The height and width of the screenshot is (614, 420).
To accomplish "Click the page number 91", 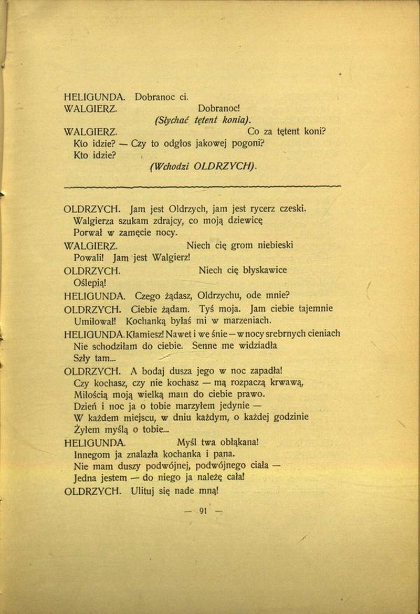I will pos(204,511).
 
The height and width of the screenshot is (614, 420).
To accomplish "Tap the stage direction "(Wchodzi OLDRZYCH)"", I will pos(203,166).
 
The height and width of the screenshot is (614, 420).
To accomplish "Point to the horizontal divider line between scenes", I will pos(202,186).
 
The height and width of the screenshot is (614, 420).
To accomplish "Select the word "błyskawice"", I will pos(264,270).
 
